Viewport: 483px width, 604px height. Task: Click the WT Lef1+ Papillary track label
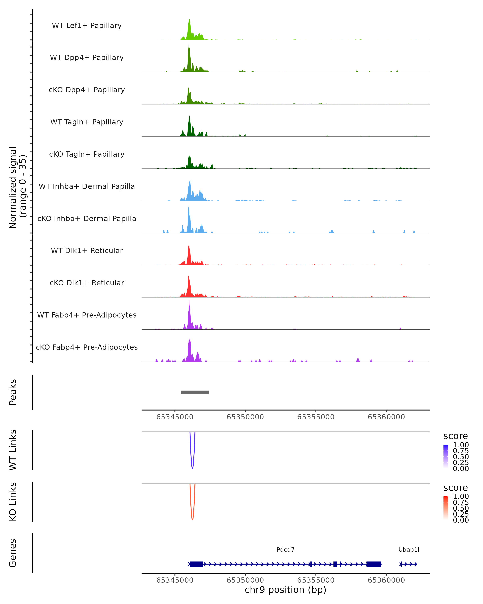point(87,26)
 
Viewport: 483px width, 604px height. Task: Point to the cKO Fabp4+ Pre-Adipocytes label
point(87,347)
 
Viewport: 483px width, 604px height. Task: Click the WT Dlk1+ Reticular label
point(87,250)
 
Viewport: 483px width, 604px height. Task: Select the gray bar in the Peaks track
point(195,392)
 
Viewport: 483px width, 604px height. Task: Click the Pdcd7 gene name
point(285,550)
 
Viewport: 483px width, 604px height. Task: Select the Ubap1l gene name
point(409,550)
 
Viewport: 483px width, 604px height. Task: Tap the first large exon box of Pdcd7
point(197,564)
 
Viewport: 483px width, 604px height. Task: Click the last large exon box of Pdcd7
point(374,564)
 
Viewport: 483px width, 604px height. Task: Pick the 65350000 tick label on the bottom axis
point(245,580)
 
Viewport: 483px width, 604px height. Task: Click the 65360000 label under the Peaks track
point(386,417)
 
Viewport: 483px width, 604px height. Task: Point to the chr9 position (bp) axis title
point(285,590)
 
